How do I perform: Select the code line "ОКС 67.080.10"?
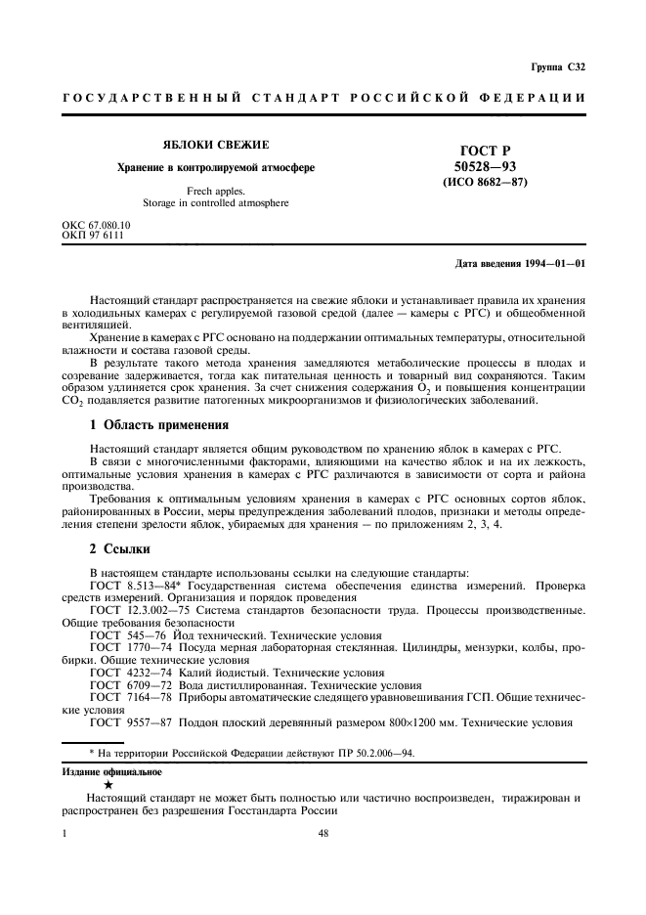pos(96,224)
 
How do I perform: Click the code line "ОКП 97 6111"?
pos(92,235)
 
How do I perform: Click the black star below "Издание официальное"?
pos(108,784)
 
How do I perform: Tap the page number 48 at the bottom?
pos(323,834)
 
